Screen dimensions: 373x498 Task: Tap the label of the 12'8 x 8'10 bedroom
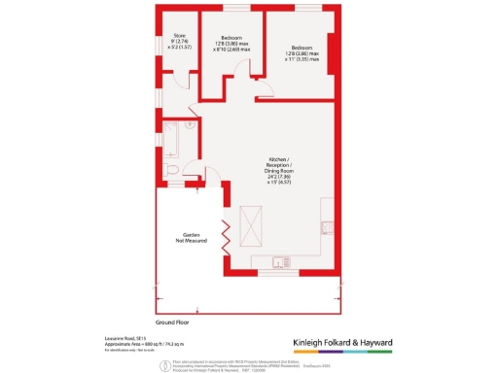[231, 44]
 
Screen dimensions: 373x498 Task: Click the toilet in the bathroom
[172, 171]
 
